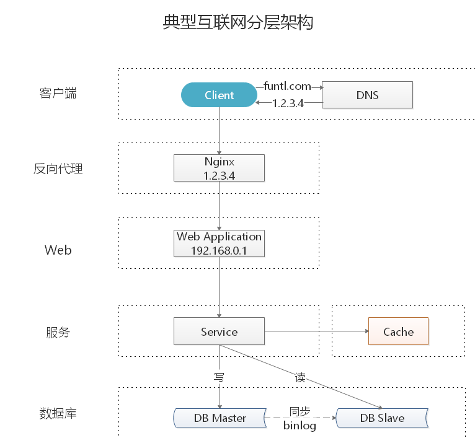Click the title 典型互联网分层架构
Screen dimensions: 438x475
click(238, 22)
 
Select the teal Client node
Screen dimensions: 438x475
click(219, 95)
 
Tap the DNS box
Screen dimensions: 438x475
click(367, 95)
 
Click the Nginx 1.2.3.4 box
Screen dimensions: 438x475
click(220, 169)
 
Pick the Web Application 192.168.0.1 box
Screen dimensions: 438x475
click(220, 243)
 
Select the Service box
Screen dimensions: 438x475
click(220, 332)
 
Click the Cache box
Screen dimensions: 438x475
click(398, 332)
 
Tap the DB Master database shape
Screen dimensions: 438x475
click(220, 418)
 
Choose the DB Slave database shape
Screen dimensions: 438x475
click(382, 418)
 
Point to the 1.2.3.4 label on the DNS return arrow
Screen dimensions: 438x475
click(288, 103)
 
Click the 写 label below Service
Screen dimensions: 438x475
click(219, 377)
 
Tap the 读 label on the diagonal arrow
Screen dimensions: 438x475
click(300, 377)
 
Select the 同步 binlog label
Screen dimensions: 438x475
click(300, 418)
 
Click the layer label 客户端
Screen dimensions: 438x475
click(58, 94)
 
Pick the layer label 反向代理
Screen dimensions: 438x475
click(58, 169)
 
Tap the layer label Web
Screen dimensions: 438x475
click(58, 250)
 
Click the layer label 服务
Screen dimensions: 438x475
click(58, 333)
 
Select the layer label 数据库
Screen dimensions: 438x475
click(58, 413)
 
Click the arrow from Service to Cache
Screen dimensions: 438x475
click(316, 332)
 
